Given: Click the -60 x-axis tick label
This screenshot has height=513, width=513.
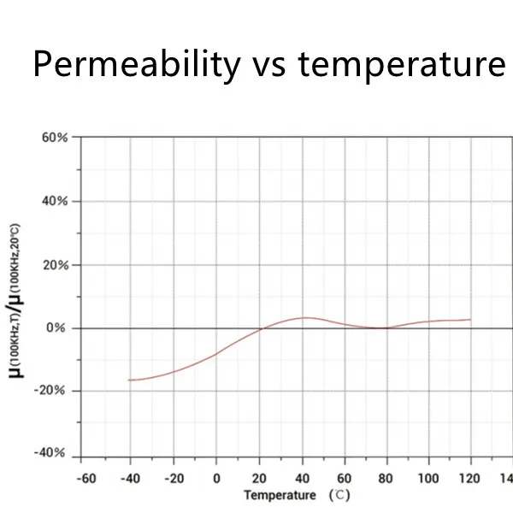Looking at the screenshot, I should tap(86, 478).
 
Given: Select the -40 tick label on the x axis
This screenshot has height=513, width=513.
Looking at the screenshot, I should tap(129, 478).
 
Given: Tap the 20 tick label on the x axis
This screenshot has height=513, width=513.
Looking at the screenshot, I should tap(258, 478).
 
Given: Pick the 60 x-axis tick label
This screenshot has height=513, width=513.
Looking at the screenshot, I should tap(344, 478).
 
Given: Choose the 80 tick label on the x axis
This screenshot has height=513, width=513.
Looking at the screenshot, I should tap(386, 478).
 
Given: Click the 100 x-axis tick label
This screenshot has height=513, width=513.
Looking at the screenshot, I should tap(427, 478).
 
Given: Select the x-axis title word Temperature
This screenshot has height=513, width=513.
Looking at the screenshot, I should tap(279, 495).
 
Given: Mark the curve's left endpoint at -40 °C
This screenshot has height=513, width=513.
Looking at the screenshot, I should tap(129, 380).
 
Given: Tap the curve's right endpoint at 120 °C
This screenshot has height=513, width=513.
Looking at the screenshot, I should tap(470, 320).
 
